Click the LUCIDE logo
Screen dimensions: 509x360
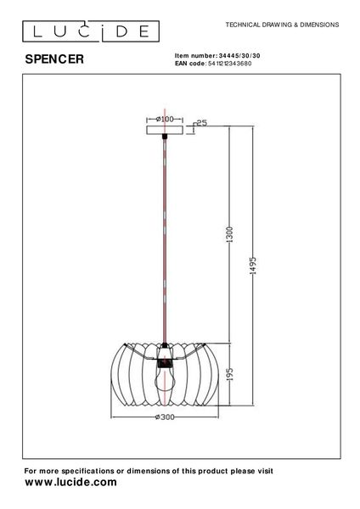[88, 32]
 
